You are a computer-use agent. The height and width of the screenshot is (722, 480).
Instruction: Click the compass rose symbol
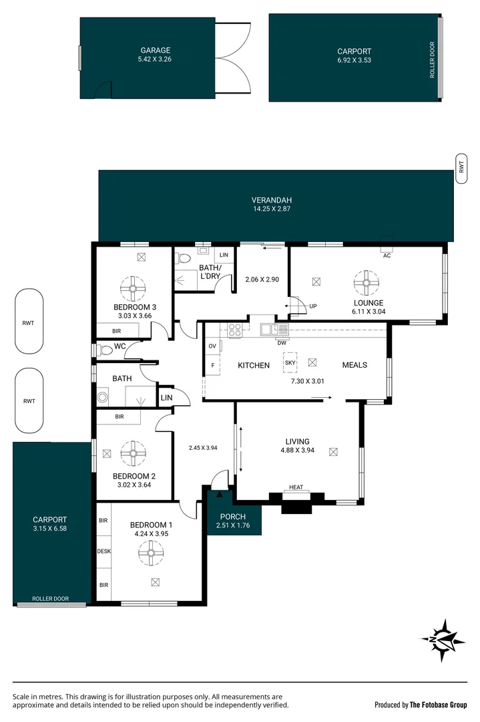(x=441, y=639)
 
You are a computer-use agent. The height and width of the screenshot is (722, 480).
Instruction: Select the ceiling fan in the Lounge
(x=366, y=283)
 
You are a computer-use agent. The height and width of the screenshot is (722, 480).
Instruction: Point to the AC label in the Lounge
(x=387, y=256)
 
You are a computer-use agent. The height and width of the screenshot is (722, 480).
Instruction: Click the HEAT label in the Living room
(x=296, y=487)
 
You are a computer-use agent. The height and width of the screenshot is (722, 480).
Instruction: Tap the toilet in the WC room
(x=105, y=350)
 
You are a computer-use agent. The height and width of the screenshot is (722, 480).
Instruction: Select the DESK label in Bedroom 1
(x=103, y=552)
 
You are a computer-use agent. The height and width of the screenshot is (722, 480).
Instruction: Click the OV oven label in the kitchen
(x=212, y=346)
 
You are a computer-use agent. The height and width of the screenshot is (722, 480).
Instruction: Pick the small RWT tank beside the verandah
(x=461, y=164)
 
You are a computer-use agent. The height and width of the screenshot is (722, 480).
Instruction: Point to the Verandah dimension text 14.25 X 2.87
(x=272, y=209)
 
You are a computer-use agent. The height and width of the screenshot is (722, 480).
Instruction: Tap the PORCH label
(x=232, y=517)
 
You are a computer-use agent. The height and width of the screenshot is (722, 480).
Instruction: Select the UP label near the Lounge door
(x=312, y=306)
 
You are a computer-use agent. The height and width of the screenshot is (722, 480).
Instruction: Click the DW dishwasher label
(x=282, y=343)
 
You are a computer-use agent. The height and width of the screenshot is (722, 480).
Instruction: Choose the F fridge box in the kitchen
(x=212, y=366)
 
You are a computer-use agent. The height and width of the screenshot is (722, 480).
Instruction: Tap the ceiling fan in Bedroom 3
(x=133, y=289)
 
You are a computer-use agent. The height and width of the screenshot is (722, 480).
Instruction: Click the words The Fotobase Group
(x=439, y=705)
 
